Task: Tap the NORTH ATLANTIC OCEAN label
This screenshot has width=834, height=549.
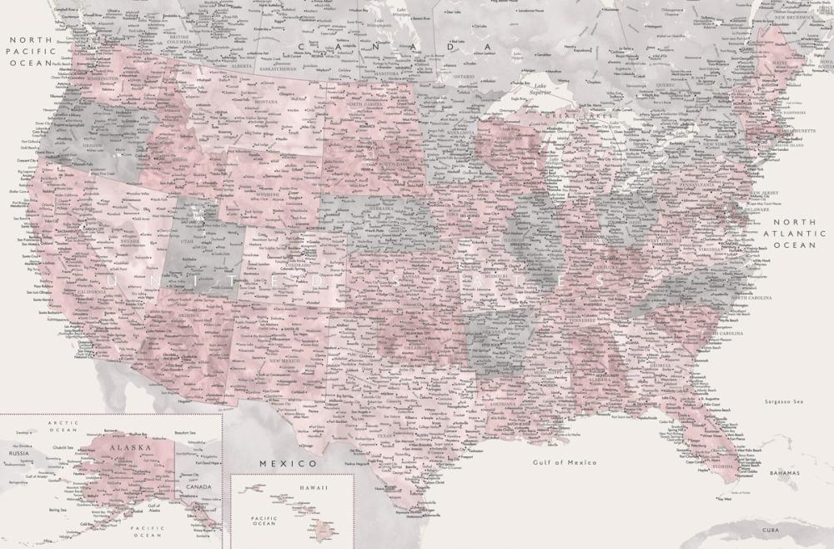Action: (793, 234)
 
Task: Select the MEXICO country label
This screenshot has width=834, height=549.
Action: (288, 462)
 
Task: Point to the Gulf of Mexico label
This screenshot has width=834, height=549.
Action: (565, 461)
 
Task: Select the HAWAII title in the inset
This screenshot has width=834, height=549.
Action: (292, 487)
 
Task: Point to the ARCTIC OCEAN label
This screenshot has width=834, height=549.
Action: (63, 426)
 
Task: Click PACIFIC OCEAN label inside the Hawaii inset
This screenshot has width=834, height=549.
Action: (264, 520)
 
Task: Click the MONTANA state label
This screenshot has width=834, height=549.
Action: (265, 102)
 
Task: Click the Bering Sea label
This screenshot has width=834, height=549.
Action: (57, 509)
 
